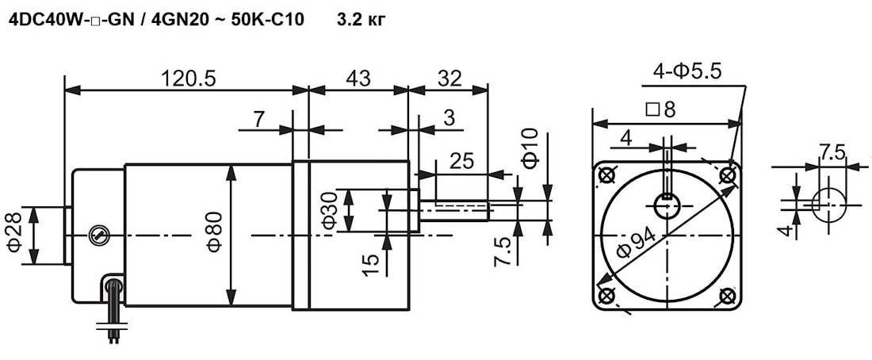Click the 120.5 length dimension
click(x=188, y=79)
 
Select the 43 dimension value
click(x=358, y=79)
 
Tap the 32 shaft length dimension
click(x=449, y=79)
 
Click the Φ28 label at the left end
click(x=17, y=232)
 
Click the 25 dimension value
click(x=461, y=161)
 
